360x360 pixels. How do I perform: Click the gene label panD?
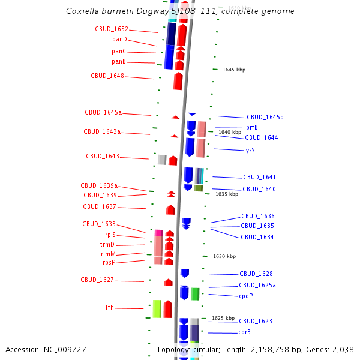click(119, 40)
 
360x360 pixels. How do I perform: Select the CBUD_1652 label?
click(112, 29)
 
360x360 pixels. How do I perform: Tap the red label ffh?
click(110, 308)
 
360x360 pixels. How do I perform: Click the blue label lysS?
click(250, 150)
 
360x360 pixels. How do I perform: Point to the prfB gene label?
click(252, 127)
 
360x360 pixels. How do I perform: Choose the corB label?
click(244, 332)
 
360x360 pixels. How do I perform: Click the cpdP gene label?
click(246, 296)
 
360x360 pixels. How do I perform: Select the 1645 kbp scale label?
click(233, 70)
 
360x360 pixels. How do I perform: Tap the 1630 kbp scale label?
click(224, 256)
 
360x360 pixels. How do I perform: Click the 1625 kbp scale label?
click(223, 318)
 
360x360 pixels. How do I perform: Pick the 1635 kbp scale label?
click(227, 194)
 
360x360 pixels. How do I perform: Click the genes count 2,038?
click(343, 349)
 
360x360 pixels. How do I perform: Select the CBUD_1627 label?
click(97, 280)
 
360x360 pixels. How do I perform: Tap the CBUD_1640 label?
click(259, 190)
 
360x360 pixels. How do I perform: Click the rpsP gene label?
click(109, 262)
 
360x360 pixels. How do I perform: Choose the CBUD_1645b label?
click(265, 118)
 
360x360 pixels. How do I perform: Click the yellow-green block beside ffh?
click(157, 308)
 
